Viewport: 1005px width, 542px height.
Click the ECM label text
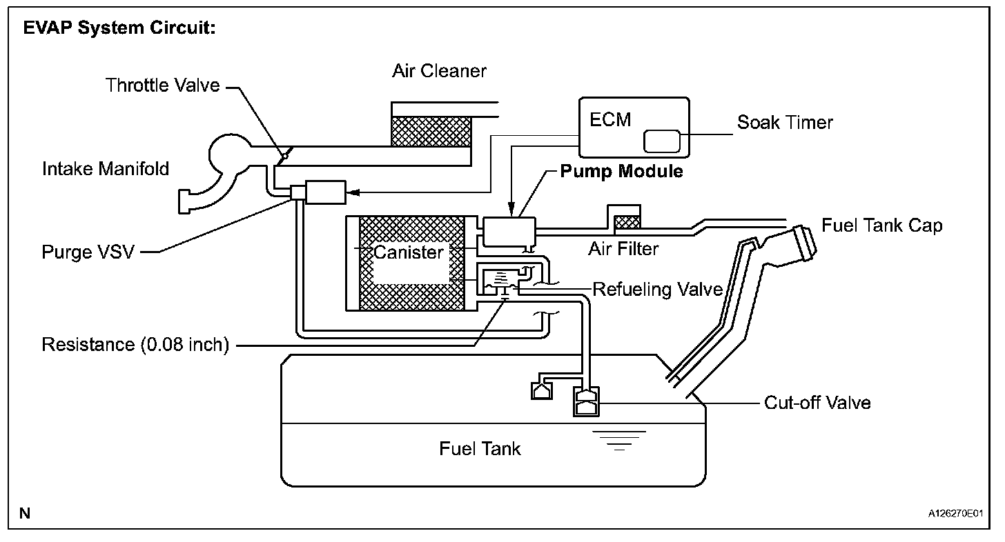[610, 119]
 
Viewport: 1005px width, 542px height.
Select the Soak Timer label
[785, 123]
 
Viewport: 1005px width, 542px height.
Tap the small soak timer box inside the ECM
[661, 141]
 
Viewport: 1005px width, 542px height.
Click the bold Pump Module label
[621, 172]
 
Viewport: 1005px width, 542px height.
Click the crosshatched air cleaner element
[431, 131]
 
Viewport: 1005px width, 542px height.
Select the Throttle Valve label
[163, 86]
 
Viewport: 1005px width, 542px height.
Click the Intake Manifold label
[106, 168]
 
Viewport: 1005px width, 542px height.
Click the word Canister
[409, 252]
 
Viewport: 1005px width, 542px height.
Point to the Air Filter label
[623, 248]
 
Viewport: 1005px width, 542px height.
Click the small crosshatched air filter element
[627, 222]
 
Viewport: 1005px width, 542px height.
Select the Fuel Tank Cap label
[881, 225]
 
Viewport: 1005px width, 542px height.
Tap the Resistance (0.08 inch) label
[135, 344]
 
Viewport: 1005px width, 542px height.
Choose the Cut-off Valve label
[817, 402]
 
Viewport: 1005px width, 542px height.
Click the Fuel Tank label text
[480, 449]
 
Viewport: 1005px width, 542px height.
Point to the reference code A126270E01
[955, 514]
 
